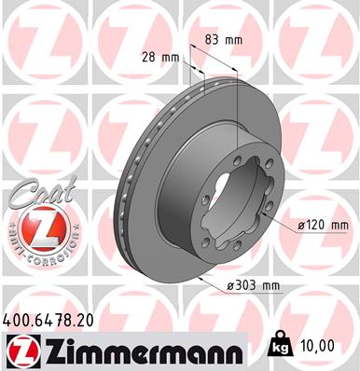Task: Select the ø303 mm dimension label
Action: [255, 284]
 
